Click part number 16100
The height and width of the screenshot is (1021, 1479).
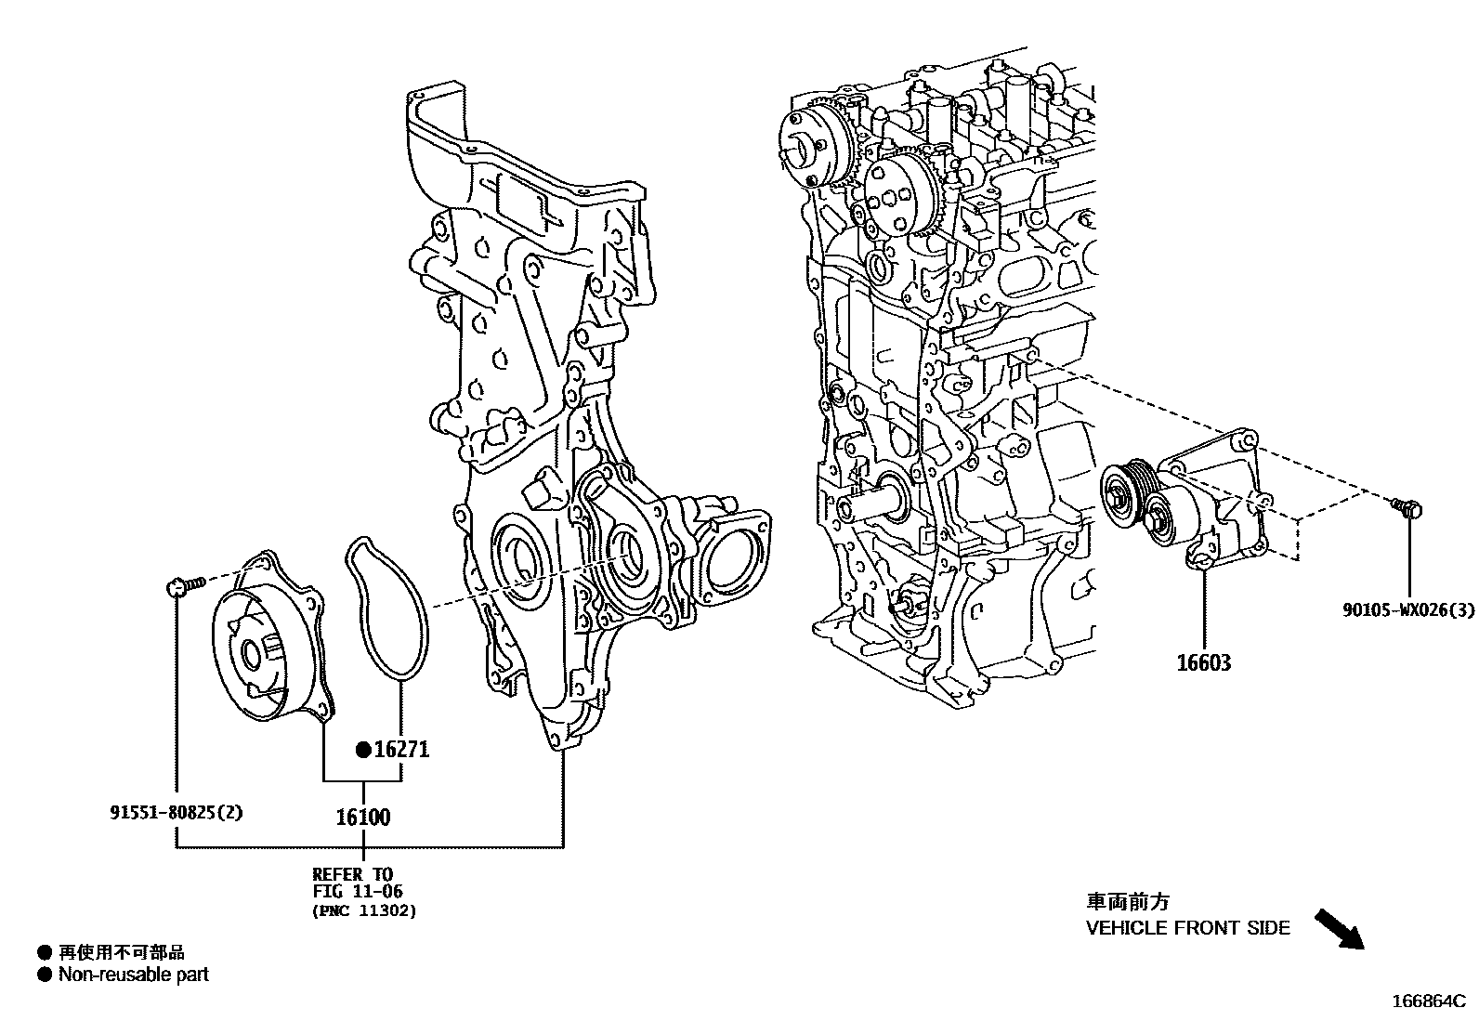coord(362,818)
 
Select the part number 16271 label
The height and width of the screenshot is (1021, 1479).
coord(400,749)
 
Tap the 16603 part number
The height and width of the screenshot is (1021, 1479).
coord(1204,663)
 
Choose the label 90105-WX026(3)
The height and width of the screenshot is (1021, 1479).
coord(1407,610)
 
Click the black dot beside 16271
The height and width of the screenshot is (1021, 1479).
coord(363,750)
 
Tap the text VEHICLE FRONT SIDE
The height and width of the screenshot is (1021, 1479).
coord(1187,927)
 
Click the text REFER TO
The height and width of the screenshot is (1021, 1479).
coord(352,874)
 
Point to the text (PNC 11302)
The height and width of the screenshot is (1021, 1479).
coord(363,910)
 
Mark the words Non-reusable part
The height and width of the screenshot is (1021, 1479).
coord(133,975)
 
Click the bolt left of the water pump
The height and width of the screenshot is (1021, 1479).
coord(185,585)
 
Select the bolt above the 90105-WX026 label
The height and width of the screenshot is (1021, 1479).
coord(1407,507)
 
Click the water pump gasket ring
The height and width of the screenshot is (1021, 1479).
coord(386,604)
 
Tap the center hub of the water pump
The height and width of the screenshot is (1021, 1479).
coord(251,654)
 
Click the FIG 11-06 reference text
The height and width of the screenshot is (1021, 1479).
coord(357,892)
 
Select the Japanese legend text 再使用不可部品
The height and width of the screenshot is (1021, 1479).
coord(121,952)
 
